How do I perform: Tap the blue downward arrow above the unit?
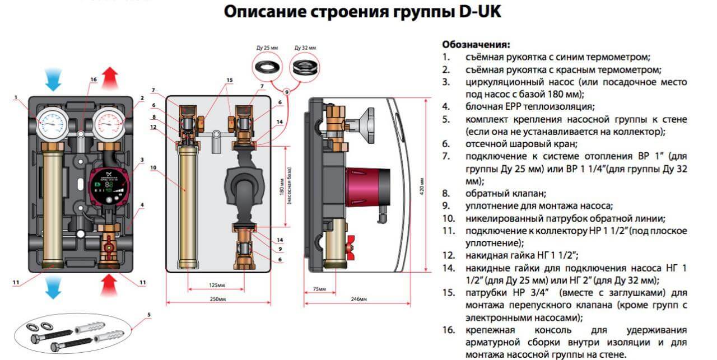[x=54, y=78]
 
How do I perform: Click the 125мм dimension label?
[x=215, y=286]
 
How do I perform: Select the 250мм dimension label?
[x=215, y=301]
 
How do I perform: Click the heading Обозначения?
[x=476, y=44]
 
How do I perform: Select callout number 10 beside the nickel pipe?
[x=153, y=167]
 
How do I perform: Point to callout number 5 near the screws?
[x=149, y=315]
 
